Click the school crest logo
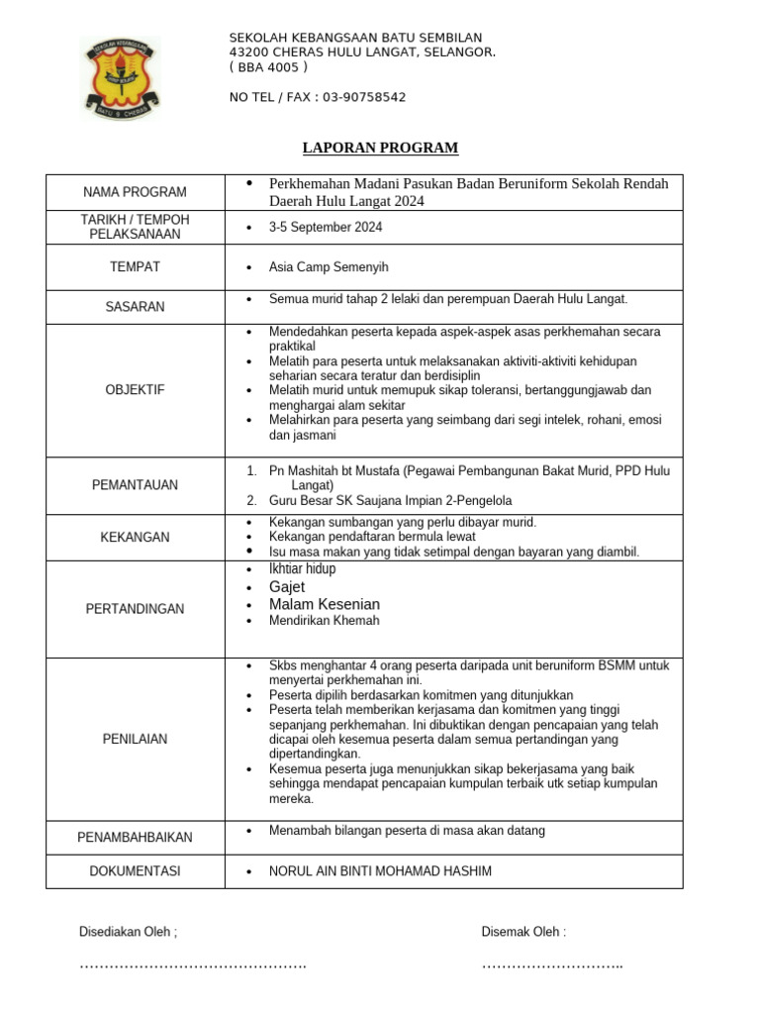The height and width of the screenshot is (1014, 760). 121,78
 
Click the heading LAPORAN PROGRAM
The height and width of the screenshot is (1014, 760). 380,149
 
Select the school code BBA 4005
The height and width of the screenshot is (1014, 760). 268,67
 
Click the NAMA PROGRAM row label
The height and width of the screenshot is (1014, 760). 135,192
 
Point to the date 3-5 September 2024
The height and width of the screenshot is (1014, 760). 326,228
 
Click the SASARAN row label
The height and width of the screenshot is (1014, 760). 135,307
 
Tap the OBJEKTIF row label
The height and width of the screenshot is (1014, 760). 135,390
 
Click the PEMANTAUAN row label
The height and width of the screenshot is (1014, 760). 135,485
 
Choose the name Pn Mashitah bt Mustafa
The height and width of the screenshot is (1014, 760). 332,471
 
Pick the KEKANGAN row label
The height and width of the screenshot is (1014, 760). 135,538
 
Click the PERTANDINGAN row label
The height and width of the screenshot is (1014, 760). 135,609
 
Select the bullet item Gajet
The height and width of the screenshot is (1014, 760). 287,587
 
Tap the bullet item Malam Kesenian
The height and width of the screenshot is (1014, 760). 324,604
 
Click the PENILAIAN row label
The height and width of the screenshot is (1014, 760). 135,739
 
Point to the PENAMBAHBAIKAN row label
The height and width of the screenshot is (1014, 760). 135,838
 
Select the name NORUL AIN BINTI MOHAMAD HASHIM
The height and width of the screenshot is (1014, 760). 380,871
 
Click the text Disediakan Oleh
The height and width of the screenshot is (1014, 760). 128,932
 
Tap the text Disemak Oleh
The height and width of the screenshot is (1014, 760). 523,932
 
